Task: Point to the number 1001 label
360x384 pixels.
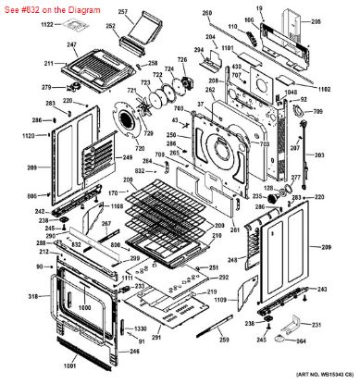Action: click(69, 367)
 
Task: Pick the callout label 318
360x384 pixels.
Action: click(33, 296)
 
